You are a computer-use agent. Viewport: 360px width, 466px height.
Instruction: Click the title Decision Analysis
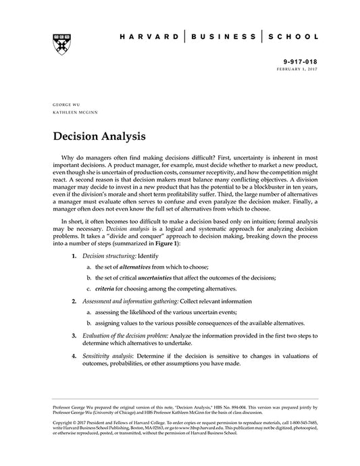tap(99, 137)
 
